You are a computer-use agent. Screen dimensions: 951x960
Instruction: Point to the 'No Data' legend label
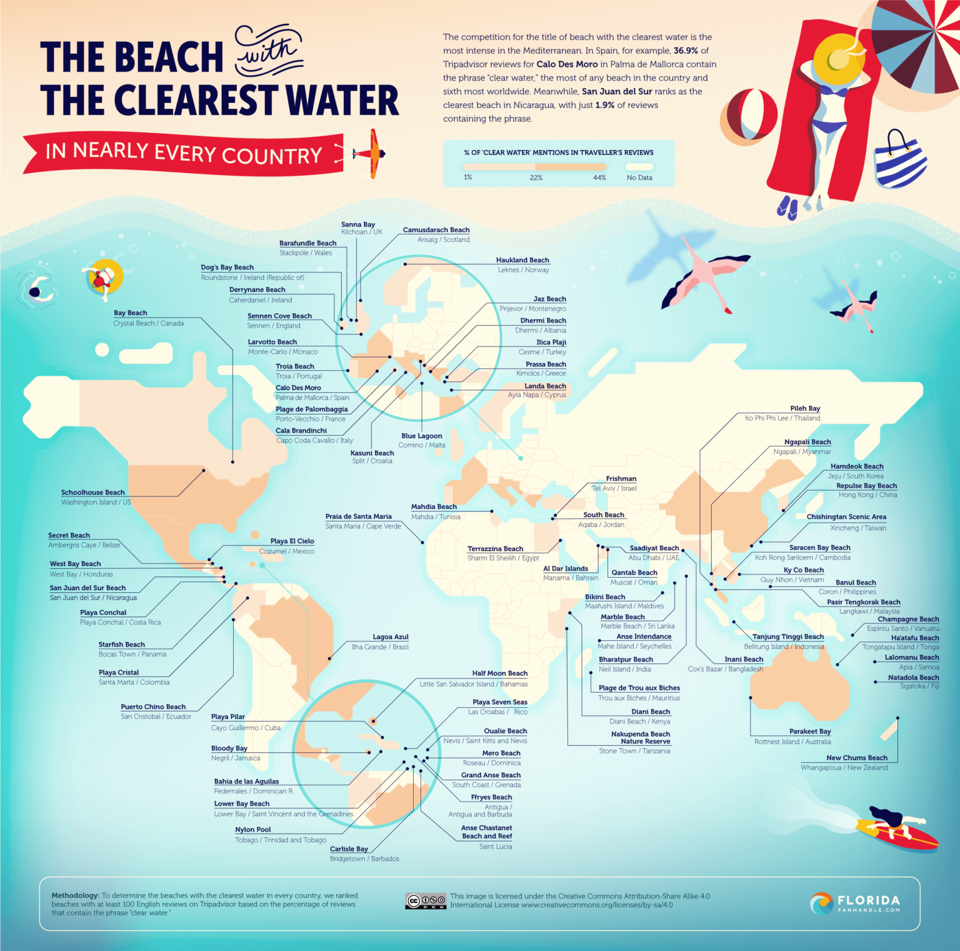[x=639, y=178]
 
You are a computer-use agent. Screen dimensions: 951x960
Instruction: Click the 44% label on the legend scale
[x=599, y=178]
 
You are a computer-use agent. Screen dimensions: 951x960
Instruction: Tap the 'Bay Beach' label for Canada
[x=130, y=313]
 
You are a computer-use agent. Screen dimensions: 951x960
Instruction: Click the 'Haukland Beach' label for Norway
[x=522, y=260]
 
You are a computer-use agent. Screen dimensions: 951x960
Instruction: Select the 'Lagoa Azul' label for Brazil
[x=390, y=637]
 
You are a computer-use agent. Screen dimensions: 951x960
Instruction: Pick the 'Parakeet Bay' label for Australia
[x=809, y=731]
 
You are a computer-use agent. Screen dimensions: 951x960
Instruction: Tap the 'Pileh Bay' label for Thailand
[x=805, y=408]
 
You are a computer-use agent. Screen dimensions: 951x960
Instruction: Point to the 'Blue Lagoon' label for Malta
[x=421, y=436]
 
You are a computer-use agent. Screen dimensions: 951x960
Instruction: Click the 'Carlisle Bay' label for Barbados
[x=349, y=848]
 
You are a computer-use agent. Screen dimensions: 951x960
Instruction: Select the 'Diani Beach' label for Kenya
[x=650, y=712]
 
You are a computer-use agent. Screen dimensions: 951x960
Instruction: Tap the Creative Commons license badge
[x=426, y=901]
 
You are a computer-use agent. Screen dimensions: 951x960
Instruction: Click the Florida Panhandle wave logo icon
[x=821, y=903]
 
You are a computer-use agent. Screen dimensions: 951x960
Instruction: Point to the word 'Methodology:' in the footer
[x=75, y=895]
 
